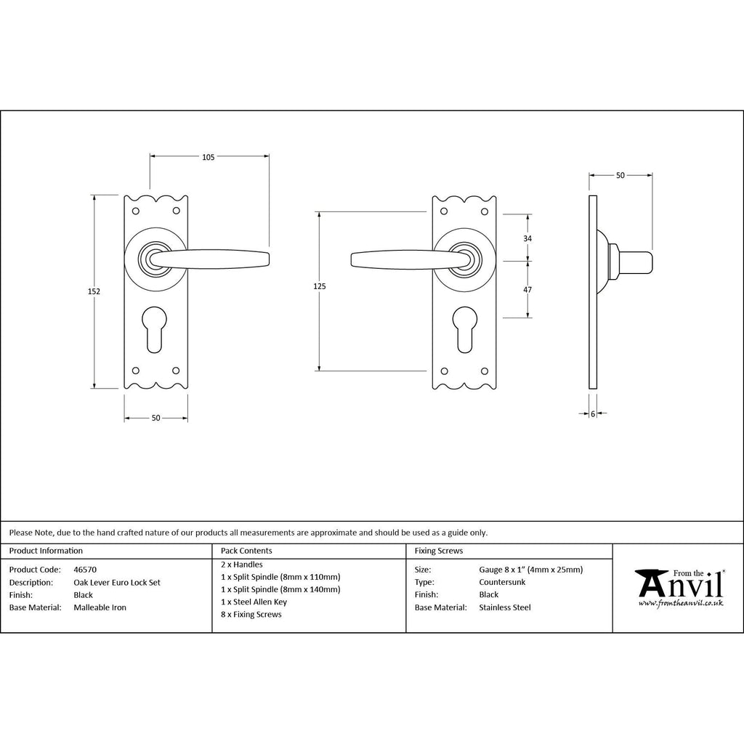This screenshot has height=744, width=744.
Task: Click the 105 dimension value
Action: tap(209, 157)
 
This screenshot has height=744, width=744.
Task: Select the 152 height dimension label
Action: tap(94, 291)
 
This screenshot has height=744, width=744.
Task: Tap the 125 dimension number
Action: tap(320, 286)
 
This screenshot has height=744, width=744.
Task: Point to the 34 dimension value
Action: tap(527, 238)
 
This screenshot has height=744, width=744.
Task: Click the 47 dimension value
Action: tap(527, 289)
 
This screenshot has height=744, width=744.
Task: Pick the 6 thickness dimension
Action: tap(593, 413)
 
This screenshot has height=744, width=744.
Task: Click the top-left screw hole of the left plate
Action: tap(135, 210)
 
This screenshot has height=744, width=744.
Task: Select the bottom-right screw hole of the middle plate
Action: tap(485, 371)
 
